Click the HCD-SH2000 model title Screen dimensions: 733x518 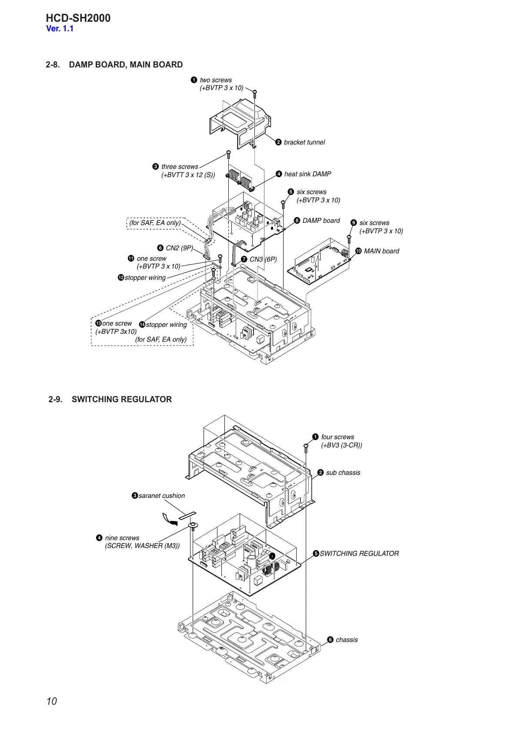78,18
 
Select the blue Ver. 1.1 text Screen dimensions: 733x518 60,29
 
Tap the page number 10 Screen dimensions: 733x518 51,701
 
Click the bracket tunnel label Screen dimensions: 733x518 304,142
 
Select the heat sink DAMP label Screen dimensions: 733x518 307,174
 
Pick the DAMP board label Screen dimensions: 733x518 321,221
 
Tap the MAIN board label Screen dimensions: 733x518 381,251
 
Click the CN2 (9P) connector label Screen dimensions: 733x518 179,248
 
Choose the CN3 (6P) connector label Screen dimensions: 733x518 263,259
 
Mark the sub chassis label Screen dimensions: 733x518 343,473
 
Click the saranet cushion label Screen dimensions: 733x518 161,496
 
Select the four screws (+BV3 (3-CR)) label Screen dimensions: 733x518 341,441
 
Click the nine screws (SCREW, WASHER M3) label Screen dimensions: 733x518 142,542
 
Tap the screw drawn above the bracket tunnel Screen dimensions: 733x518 255,93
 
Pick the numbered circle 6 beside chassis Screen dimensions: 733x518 330,640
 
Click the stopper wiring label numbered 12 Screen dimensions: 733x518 145,278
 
